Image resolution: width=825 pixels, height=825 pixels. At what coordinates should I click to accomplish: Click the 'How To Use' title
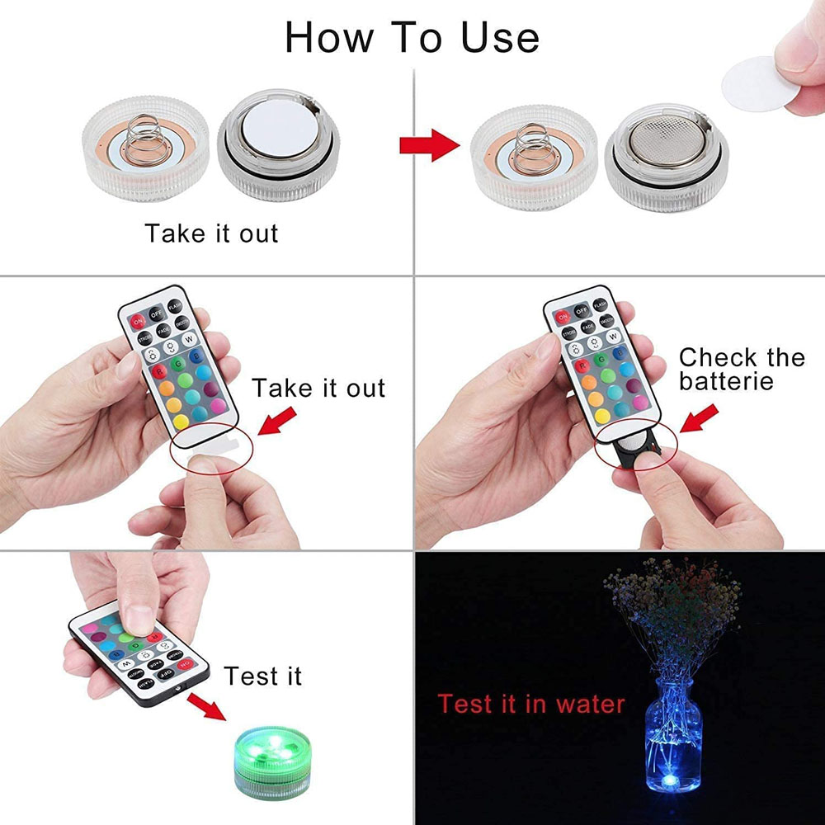(x=412, y=37)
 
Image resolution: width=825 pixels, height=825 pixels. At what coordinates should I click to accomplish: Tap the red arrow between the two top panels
(x=428, y=146)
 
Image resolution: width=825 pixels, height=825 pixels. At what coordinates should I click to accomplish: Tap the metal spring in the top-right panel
(x=525, y=145)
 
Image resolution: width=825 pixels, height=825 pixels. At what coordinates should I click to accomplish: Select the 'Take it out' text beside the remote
(x=318, y=388)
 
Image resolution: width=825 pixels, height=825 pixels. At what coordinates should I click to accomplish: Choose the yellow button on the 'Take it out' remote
(x=175, y=403)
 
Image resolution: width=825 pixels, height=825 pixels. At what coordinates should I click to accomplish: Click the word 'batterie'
(x=726, y=381)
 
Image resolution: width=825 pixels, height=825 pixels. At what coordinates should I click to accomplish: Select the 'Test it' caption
(x=263, y=676)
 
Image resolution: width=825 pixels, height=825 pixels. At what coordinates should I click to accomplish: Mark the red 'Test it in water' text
(x=531, y=704)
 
